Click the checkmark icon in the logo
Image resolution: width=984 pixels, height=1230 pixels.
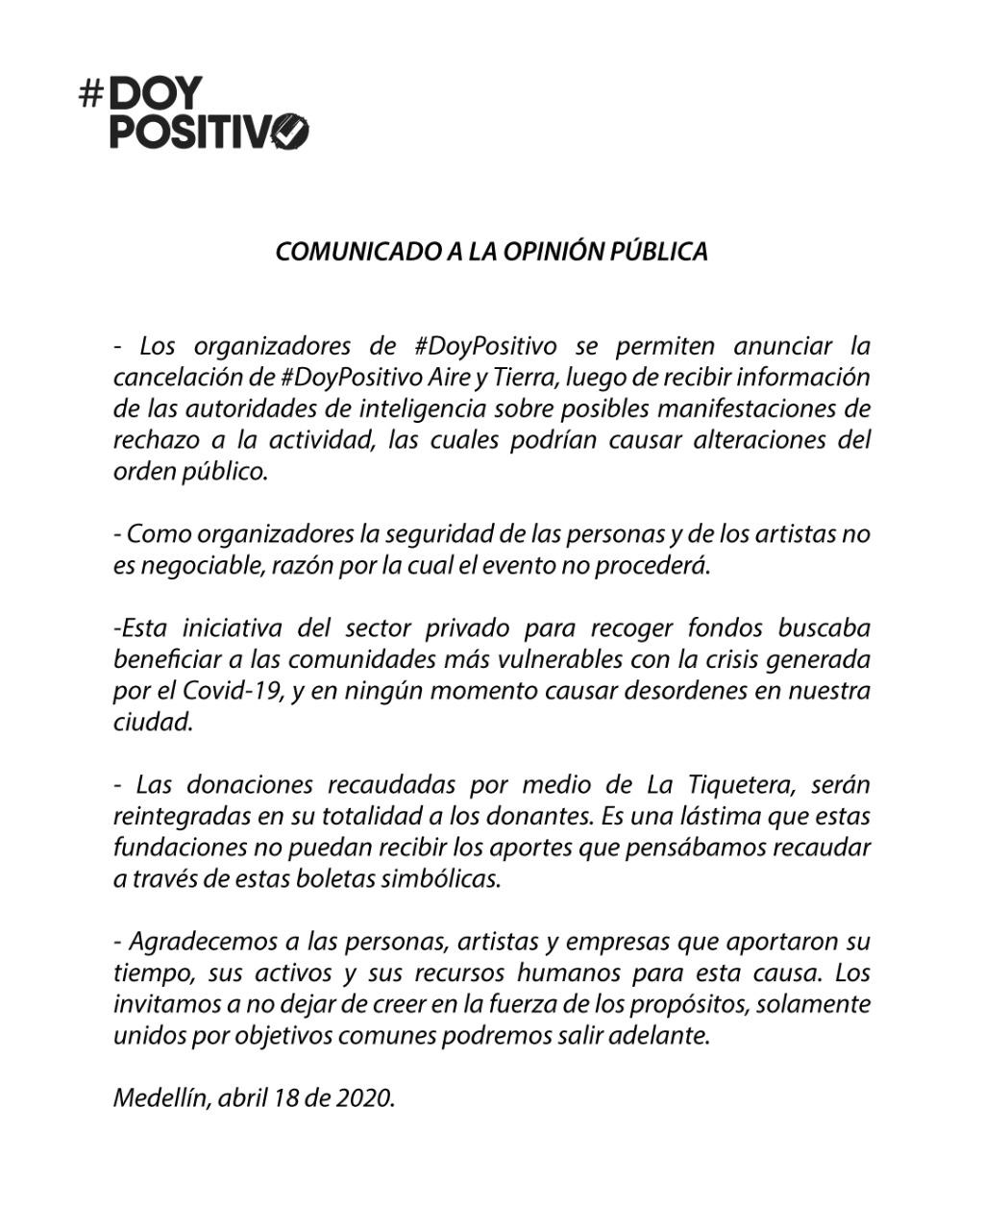(290, 131)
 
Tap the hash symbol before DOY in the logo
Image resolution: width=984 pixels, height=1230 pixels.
(91, 94)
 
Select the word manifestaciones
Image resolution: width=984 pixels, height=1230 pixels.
(721, 408)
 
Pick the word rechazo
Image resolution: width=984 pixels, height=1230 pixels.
(153, 440)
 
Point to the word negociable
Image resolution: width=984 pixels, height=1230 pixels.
(198, 566)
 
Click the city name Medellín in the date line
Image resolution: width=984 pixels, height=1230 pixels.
(160, 1098)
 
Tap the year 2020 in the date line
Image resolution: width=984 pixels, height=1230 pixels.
(364, 1098)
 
